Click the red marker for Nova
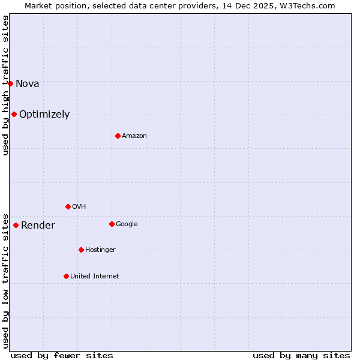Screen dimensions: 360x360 click(x=10, y=83)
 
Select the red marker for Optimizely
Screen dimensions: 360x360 click(x=14, y=114)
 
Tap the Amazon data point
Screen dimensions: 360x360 click(x=118, y=136)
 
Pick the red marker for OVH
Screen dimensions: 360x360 click(x=68, y=206)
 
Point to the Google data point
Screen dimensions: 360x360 click(x=112, y=224)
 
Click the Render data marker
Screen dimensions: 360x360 click(x=16, y=225)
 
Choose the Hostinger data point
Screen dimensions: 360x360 click(x=81, y=250)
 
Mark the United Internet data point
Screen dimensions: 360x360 click(x=66, y=276)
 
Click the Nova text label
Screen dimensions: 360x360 click(x=28, y=83)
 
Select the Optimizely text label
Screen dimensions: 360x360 click(x=44, y=114)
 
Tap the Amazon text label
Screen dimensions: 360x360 click(x=134, y=136)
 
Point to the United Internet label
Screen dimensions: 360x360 click(x=95, y=276)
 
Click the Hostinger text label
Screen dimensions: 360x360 click(x=100, y=250)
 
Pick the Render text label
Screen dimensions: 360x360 click(x=38, y=226)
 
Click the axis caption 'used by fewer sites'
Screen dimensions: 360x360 click(x=62, y=355)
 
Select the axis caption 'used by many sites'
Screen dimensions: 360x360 click(x=301, y=355)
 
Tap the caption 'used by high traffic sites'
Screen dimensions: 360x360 click(x=5, y=85)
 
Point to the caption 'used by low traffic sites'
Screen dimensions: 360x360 click(x=5, y=280)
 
